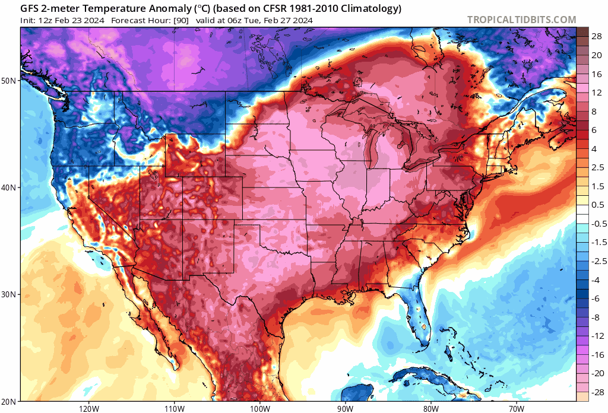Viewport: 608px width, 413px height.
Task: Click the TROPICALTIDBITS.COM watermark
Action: (x=521, y=20)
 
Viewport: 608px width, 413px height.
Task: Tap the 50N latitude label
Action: (x=10, y=80)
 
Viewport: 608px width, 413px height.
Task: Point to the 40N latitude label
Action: (x=10, y=188)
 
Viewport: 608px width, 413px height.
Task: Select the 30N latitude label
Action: (x=10, y=295)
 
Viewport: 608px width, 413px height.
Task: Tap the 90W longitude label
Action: (x=345, y=408)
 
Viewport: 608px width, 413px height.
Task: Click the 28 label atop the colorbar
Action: (x=597, y=36)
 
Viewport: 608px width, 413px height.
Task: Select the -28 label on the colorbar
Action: (x=596, y=392)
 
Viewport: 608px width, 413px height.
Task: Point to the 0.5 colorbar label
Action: (x=597, y=205)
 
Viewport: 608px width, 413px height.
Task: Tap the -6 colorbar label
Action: (x=596, y=298)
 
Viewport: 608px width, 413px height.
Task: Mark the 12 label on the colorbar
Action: (x=597, y=93)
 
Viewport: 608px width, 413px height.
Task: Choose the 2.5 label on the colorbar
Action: (x=597, y=167)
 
